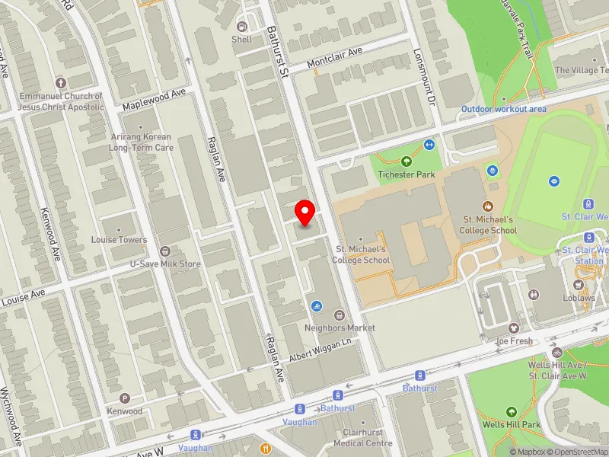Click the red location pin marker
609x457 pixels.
coord(305,213)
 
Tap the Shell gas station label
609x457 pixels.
coord(241,39)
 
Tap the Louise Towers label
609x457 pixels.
coord(119,240)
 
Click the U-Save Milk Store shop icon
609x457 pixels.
coord(164,251)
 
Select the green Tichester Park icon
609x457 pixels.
coord(406,161)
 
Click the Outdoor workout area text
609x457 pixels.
coord(503,109)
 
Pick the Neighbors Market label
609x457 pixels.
coord(339,328)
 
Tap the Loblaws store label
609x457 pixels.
coord(579,299)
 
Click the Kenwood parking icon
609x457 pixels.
coord(125,398)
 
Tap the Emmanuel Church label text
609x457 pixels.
coord(61,101)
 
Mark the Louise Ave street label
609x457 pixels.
coord(23,298)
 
